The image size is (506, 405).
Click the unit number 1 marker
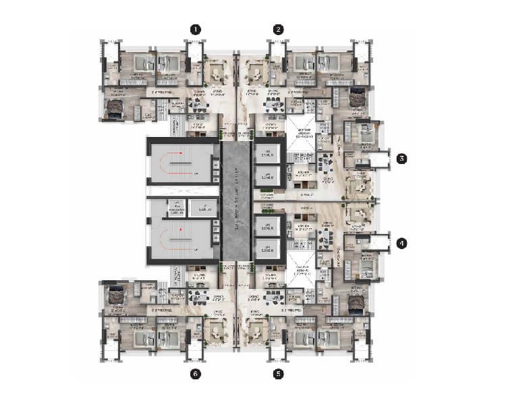point(195,29)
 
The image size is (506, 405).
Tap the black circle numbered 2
point(279,29)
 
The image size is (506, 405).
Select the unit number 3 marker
point(401,159)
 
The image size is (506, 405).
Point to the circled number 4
point(401,243)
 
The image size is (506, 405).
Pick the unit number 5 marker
point(279,372)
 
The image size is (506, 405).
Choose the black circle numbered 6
point(195,372)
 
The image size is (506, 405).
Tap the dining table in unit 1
point(198,105)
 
